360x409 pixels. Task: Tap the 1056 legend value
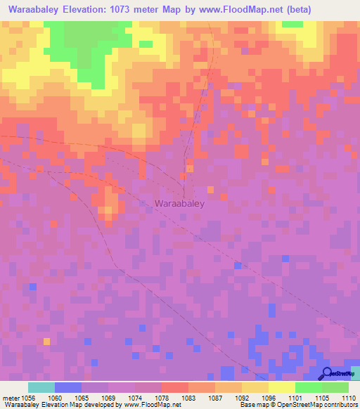(28, 397)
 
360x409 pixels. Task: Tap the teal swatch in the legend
(41, 387)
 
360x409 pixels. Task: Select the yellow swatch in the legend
(281, 387)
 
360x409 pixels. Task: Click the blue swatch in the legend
(67, 387)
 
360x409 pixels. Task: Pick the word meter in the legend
(10, 397)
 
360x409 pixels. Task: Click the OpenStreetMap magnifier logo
(327, 374)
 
